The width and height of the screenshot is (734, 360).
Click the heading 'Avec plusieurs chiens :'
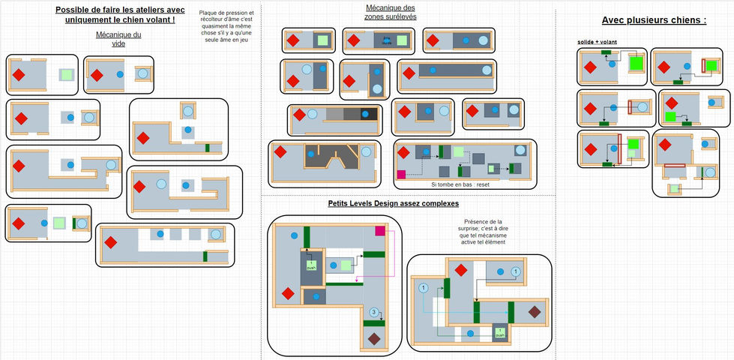(654, 21)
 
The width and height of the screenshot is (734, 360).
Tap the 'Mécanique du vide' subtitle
(118, 39)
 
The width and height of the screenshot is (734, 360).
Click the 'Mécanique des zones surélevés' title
(390, 11)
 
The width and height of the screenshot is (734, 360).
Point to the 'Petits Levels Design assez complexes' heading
(393, 203)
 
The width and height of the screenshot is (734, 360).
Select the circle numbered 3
(373, 312)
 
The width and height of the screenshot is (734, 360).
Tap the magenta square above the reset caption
(400, 175)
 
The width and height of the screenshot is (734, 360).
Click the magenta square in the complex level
(379, 230)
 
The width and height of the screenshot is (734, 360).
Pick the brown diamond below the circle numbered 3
(373, 339)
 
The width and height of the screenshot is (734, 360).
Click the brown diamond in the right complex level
(534, 311)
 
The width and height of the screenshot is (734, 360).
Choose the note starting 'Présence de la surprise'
(484, 232)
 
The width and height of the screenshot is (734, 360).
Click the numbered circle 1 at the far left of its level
(422, 288)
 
